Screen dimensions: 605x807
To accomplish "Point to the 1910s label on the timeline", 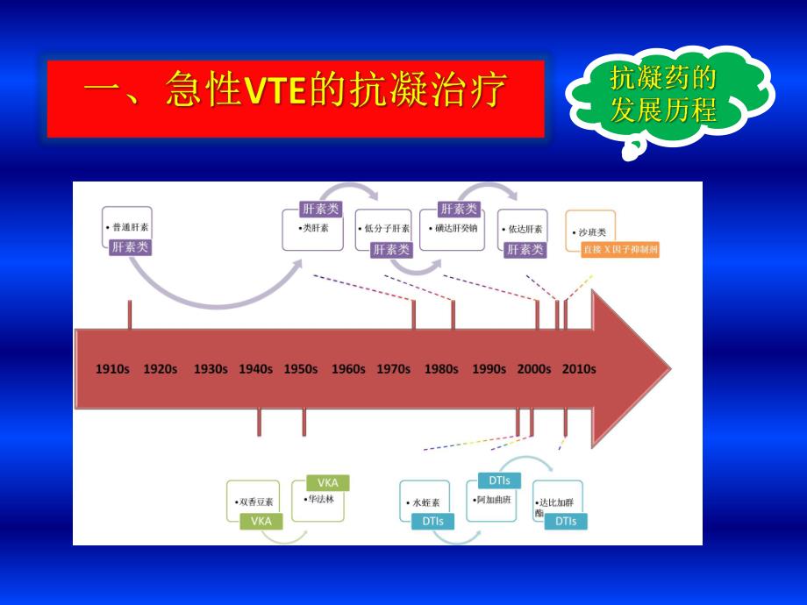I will (112, 369).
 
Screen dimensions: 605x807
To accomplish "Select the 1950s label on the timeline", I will (300, 369).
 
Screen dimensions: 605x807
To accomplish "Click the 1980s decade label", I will (440, 369).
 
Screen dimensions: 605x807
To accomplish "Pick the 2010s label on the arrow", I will (579, 369).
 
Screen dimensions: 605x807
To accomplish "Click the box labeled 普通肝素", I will (127, 228).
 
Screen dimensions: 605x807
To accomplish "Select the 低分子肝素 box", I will (382, 230).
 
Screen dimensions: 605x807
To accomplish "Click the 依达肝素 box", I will (523, 230).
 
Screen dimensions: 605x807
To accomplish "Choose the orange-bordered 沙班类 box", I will (591, 231).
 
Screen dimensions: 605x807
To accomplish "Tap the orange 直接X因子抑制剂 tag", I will (620, 250).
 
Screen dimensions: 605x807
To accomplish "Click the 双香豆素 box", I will (255, 502).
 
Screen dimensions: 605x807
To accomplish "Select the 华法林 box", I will (319, 501).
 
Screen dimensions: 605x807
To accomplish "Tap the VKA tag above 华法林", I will (327, 482).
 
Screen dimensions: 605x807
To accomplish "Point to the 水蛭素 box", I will (425, 503).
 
